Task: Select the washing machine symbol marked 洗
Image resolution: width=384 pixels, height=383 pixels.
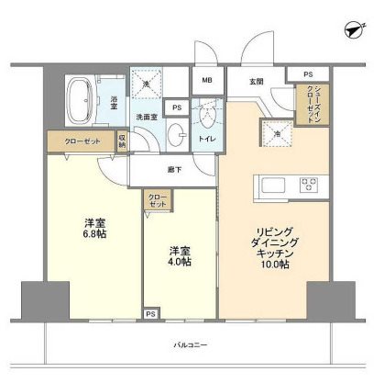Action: tap(146, 84)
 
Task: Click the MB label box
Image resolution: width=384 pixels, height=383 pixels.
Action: tap(207, 80)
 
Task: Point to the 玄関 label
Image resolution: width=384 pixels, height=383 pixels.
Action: tap(258, 80)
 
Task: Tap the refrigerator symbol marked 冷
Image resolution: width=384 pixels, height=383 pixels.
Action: tap(276, 134)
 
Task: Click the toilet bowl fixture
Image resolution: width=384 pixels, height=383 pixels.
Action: tap(210, 117)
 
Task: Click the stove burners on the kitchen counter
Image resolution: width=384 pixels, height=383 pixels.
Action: tap(309, 185)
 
